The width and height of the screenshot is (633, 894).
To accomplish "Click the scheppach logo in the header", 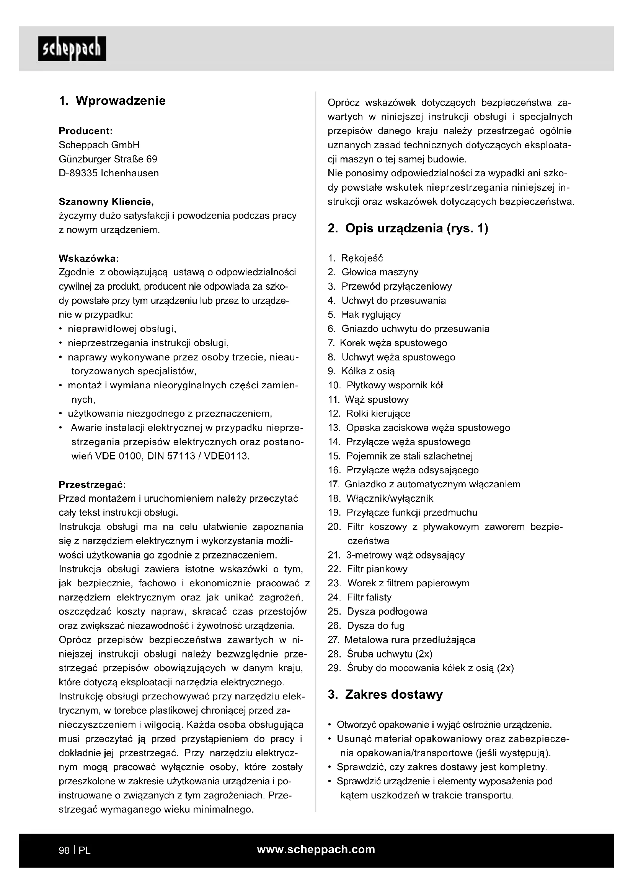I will pos(72,49).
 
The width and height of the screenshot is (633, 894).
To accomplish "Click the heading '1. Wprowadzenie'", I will pos(112,101).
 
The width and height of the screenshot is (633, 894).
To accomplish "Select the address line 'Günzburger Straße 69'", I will pos(108,159).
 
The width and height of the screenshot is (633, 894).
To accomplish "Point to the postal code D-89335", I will pos(78,173).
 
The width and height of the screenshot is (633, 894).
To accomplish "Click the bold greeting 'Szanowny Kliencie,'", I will pos(106,202).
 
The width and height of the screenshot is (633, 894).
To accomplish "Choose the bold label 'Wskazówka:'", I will pos(88,258).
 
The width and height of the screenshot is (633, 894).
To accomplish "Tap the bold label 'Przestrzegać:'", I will pos(92,484).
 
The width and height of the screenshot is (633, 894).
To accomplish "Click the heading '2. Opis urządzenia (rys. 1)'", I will pos(408,228).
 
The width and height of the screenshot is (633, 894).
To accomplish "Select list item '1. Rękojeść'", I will pos(356,258).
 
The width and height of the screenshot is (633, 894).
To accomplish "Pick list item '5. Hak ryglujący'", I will pos(364,315).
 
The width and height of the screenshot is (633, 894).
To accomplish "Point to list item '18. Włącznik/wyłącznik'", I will pos(380,498).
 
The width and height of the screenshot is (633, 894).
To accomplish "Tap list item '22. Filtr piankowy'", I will pos(367,569).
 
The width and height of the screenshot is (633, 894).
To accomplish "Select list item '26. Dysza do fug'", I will pos(366,626).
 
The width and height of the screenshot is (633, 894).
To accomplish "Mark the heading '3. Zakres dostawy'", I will pos(385,694).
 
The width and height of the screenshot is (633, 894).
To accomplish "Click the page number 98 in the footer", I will pos(64,850).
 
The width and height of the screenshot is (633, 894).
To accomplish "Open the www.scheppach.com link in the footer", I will pos(316,850).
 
